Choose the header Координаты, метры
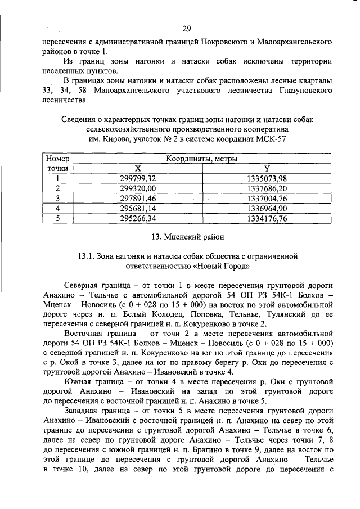[x=201, y=160]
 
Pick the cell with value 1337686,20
[x=267, y=188]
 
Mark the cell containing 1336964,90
[x=267, y=208]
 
